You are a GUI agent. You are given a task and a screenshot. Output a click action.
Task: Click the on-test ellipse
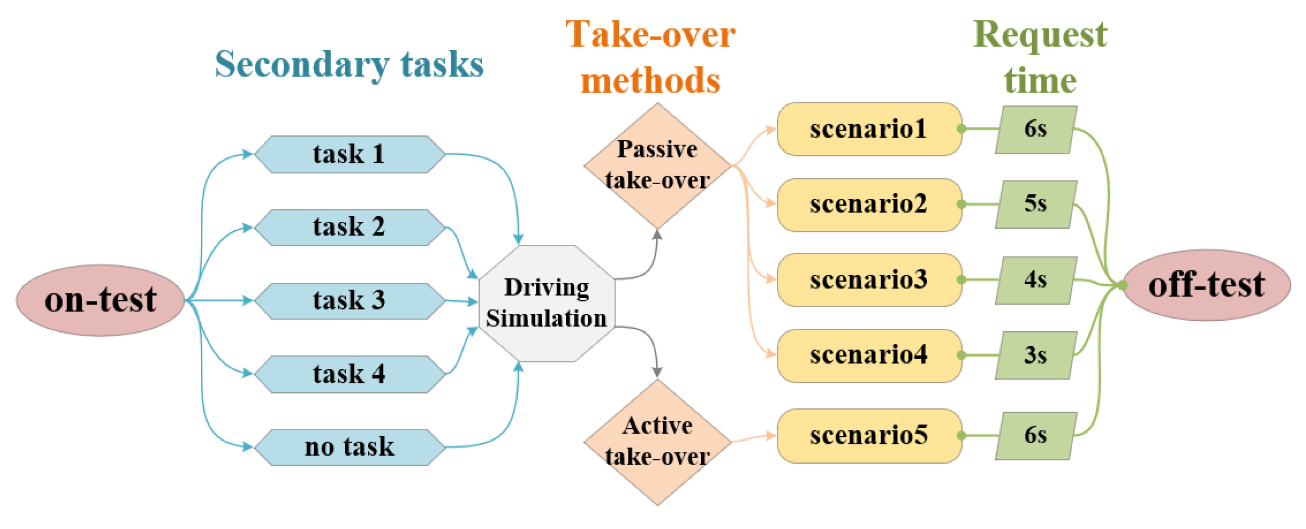click(100, 300)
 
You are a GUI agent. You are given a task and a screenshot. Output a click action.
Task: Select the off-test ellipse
click(1207, 285)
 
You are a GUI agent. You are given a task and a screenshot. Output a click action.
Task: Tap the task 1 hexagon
click(349, 154)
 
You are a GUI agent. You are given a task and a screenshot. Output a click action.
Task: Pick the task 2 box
click(349, 227)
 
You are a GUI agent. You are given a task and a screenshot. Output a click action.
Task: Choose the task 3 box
click(349, 301)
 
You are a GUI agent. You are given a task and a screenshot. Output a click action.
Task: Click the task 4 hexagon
click(349, 374)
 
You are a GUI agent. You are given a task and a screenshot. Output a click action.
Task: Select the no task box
click(349, 447)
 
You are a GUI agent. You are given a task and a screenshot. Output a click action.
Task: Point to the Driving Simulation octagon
click(546, 303)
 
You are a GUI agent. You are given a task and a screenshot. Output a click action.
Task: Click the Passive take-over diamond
click(657, 165)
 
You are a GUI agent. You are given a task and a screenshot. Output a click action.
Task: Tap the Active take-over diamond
click(657, 441)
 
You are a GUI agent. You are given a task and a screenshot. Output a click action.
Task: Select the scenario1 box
click(869, 129)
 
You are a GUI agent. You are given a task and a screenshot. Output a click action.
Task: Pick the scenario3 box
click(869, 280)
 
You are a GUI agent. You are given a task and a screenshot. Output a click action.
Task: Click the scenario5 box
click(869, 435)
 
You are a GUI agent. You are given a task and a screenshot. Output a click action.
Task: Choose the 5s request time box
click(1035, 204)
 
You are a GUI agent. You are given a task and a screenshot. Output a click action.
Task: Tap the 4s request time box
click(1035, 280)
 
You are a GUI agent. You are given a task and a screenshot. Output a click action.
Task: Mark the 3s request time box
click(1035, 355)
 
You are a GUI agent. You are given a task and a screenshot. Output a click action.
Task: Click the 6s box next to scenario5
click(1035, 435)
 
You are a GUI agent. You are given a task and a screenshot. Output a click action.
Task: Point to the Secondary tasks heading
click(349, 65)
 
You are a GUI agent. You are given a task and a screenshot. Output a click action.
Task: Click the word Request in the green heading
click(1040, 35)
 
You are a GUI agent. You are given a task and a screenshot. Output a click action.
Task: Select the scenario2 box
click(869, 204)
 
